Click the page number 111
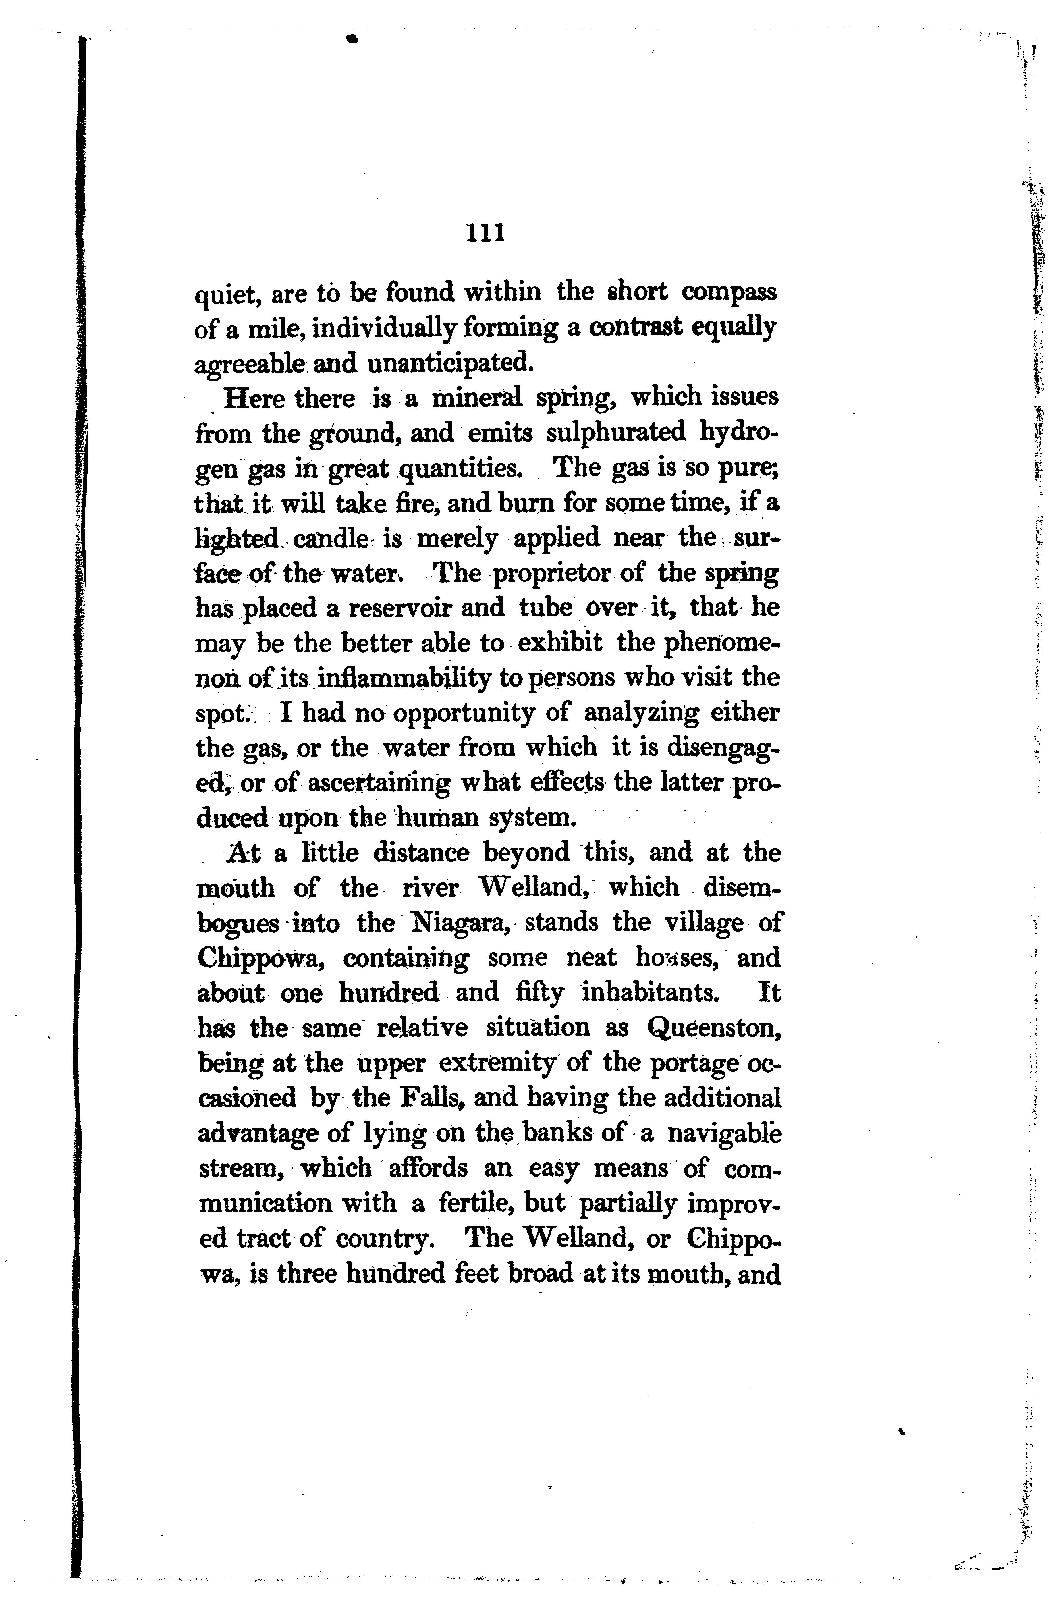485,233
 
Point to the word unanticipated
450,364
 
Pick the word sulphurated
615,433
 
